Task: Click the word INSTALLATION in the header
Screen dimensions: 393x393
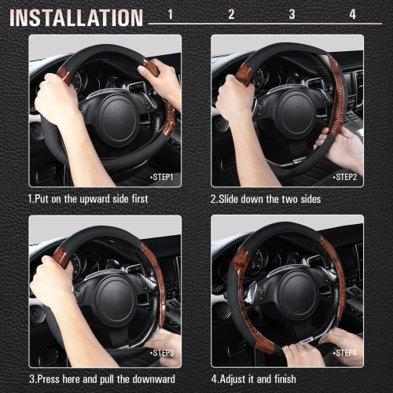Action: click(76, 17)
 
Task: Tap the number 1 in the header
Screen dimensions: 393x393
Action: click(171, 14)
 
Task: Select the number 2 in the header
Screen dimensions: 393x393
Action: click(231, 14)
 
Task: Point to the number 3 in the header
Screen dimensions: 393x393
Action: click(292, 14)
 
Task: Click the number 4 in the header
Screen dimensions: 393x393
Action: click(352, 14)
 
